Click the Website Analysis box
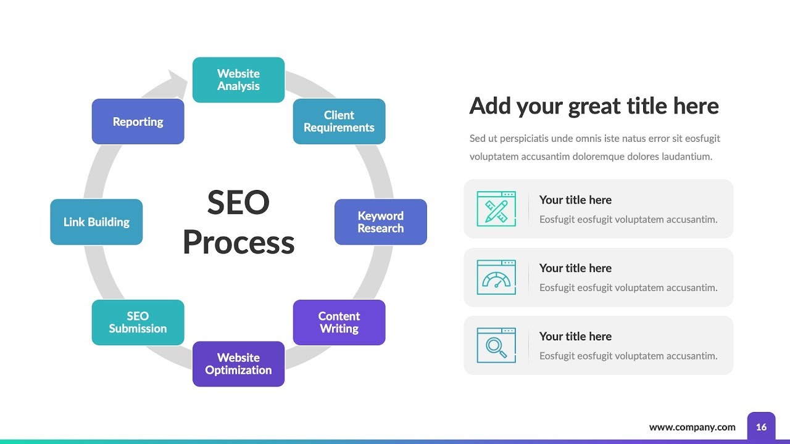point(238,80)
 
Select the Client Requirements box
point(339,121)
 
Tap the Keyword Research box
point(380,222)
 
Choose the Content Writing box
point(339,322)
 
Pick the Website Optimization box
point(238,364)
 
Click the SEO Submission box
point(138,322)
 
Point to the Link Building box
point(96,222)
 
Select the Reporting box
point(138,121)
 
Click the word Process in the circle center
point(238,242)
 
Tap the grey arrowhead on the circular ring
point(179,81)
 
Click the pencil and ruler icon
point(496,209)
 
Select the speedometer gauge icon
point(496,277)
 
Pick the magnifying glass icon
point(496,345)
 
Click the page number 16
point(761,427)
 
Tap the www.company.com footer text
point(692,427)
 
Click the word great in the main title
point(594,106)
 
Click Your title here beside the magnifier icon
point(575,336)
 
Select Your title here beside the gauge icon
point(575,268)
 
